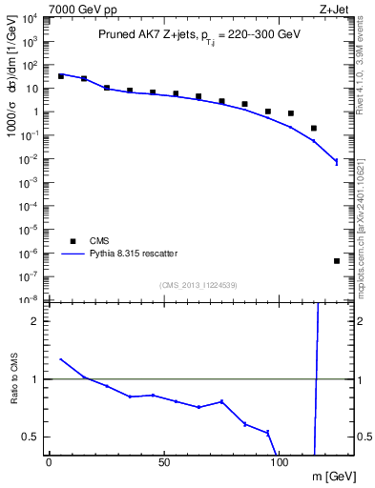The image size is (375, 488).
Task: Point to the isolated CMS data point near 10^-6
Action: click(x=337, y=261)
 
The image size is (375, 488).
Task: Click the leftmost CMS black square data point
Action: click(x=61, y=75)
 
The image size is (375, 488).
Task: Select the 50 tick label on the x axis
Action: click(x=164, y=462)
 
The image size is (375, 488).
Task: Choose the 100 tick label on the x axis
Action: click(x=280, y=462)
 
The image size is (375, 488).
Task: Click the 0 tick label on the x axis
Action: click(x=50, y=462)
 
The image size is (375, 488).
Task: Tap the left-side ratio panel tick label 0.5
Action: click(x=33, y=437)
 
